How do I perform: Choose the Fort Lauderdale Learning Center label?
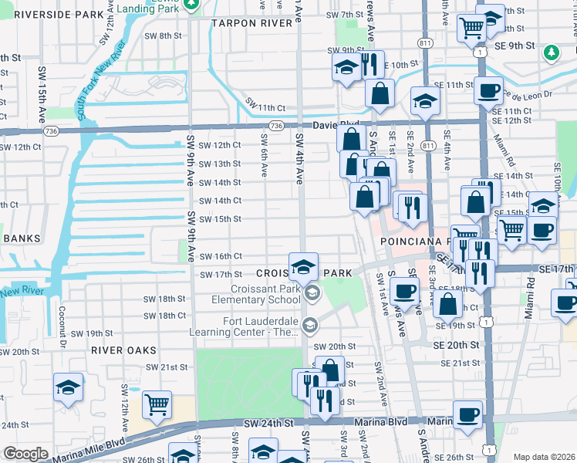pos(250,327)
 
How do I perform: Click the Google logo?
pos(25,454)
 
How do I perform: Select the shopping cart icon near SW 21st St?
pos(157,403)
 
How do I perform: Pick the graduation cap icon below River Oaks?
pos(68,386)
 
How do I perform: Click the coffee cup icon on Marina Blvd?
pos(467,414)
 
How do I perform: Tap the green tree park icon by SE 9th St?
pos(551,52)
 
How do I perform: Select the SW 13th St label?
pos(220,164)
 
